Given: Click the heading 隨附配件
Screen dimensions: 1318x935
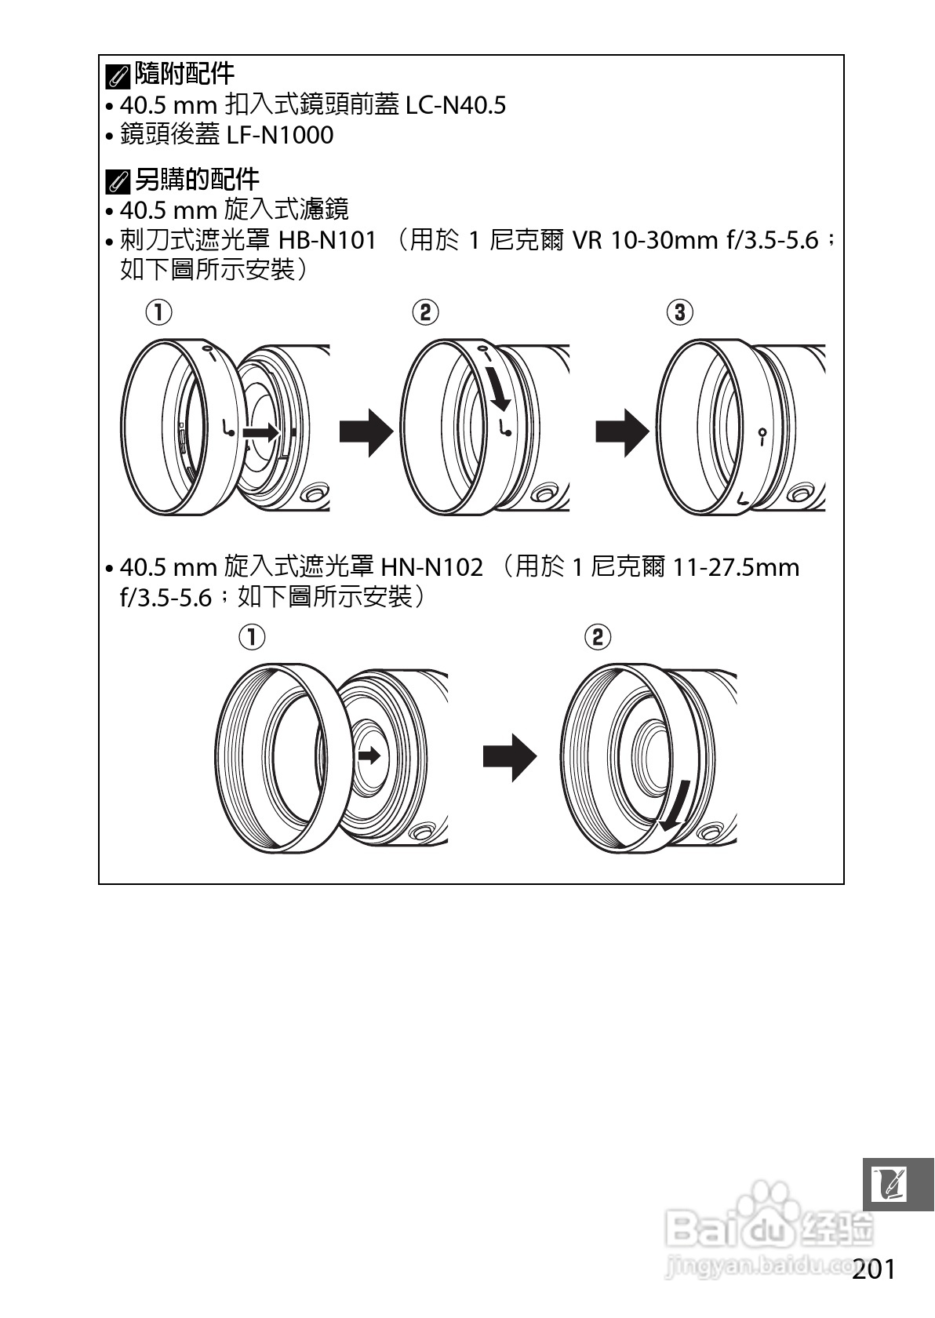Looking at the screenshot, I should click(184, 74).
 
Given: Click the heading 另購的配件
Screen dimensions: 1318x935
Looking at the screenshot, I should click(196, 180).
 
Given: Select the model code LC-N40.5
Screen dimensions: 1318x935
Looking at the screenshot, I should click(455, 104).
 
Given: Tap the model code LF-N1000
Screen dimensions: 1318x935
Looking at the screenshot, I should click(280, 135).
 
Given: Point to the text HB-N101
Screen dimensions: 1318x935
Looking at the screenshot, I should click(328, 239).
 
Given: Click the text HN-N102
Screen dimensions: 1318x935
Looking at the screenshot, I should click(431, 566).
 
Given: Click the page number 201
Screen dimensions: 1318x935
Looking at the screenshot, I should click(873, 1269).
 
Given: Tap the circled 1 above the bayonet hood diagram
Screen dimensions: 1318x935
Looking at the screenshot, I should click(158, 312).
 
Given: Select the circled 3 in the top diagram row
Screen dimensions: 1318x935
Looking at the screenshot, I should click(679, 312).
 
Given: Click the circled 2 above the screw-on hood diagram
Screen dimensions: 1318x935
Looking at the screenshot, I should click(598, 636).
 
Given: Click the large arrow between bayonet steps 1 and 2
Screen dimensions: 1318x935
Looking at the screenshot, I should click(366, 431).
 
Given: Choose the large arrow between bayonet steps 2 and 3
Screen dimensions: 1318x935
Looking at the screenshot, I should click(622, 431).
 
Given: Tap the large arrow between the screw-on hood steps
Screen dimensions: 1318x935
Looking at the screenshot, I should click(509, 757).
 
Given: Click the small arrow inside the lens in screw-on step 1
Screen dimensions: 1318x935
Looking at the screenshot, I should click(369, 755).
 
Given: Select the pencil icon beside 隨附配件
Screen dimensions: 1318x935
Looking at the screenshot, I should click(118, 76).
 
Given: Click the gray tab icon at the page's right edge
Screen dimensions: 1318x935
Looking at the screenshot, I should click(899, 1184).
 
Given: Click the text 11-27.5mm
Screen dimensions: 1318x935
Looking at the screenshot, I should click(736, 566).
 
